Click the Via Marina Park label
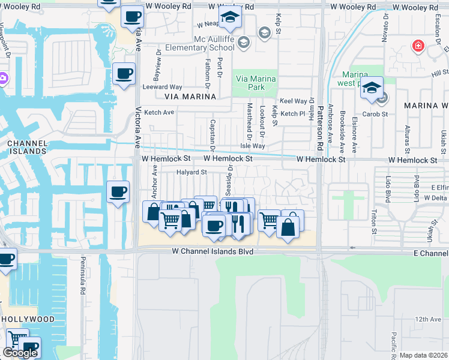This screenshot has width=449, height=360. (x=256, y=83)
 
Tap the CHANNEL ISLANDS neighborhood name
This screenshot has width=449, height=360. (x=26, y=147)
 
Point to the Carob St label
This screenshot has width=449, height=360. (x=376, y=113)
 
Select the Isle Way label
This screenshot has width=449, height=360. (x=252, y=146)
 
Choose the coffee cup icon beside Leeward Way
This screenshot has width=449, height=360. (x=124, y=74)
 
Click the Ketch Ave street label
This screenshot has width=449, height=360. (x=159, y=112)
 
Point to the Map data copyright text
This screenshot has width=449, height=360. (x=424, y=355)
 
